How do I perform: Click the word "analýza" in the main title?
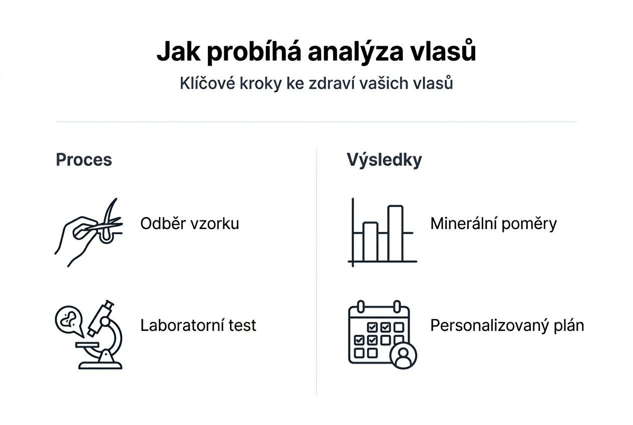pos(355,52)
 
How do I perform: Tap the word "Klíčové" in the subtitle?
pos(207,83)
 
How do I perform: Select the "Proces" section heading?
pos(84,160)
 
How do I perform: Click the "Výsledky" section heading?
pos(384,160)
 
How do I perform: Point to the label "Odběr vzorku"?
pos(190,224)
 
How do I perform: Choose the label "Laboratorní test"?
pos(198,325)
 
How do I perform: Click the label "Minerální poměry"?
pos(493,224)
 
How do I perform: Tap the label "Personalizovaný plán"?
pos(507,326)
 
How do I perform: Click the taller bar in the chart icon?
pos(396,233)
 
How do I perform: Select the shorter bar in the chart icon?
pos(370,242)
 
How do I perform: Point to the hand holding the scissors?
pos(75,241)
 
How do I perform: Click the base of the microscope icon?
pos(100,365)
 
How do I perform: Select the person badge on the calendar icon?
pos(403,355)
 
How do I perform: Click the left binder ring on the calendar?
pos(361,306)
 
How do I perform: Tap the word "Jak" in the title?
pos(179,52)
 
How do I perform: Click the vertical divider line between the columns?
pos(316,272)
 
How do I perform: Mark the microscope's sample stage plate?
pos(87,345)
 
